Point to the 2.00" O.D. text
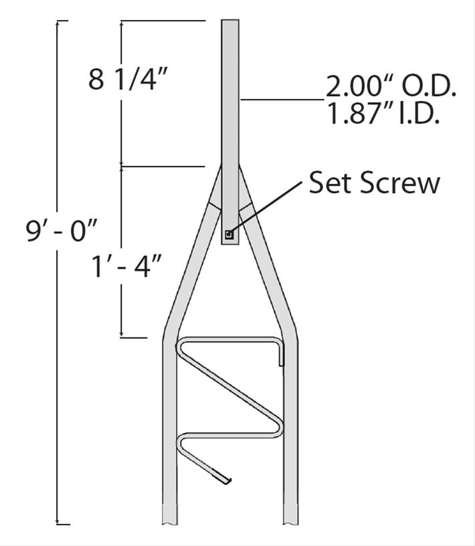[391, 87]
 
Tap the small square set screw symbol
[229, 234]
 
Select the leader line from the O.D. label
[281, 100]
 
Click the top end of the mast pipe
[230, 21]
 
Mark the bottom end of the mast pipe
[230, 244]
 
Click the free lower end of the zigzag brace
[229, 481]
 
